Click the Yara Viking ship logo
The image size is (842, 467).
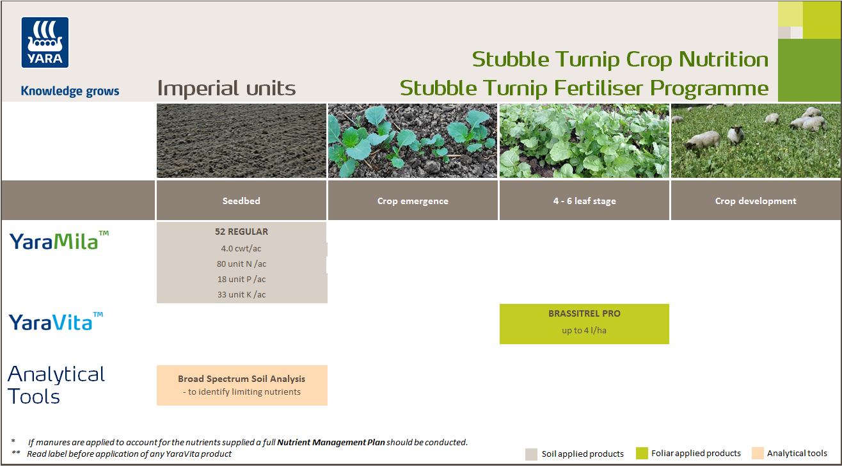point(45,42)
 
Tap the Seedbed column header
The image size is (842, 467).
point(241,201)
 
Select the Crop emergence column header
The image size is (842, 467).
point(413,201)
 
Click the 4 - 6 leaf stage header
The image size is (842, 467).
point(584,201)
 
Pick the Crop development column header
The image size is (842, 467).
point(756,201)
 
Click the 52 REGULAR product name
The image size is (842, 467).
point(241,232)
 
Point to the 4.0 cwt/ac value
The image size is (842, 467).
point(241,248)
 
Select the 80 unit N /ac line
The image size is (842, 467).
point(241,264)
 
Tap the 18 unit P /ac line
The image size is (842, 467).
point(241,279)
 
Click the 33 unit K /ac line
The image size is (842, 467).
point(241,294)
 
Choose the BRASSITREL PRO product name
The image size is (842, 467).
point(584,313)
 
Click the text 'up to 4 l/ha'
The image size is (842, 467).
point(584,330)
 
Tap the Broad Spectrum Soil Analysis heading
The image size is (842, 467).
point(241,379)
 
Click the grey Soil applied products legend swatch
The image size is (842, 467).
point(531,454)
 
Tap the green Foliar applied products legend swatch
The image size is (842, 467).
point(642,454)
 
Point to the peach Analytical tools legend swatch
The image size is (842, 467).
point(758,454)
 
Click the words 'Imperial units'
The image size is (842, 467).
point(226,88)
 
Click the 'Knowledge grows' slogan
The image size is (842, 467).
point(70,91)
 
